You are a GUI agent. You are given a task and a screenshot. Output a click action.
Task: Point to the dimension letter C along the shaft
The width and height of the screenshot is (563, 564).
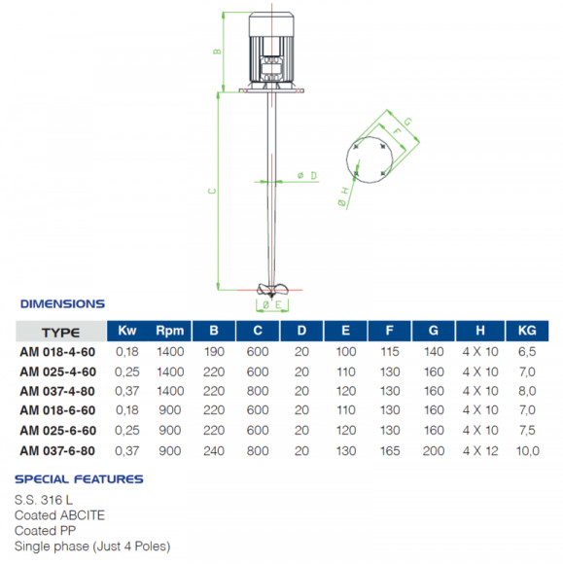pyautogui.click(x=211, y=192)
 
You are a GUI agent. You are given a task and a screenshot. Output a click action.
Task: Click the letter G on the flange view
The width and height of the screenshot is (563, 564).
pyautogui.click(x=407, y=122)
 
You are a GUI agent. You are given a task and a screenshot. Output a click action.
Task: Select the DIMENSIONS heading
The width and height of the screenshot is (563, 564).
pyautogui.click(x=62, y=303)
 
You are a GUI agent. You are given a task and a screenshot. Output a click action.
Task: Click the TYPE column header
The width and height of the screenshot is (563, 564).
pyautogui.click(x=60, y=331)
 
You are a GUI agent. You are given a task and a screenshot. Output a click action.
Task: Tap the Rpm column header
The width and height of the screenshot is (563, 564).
pyautogui.click(x=169, y=331)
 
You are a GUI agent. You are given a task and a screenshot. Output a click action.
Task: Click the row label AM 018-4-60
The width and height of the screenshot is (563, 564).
pyautogui.click(x=57, y=352)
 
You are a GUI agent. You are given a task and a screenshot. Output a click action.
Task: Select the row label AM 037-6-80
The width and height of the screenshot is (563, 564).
pyautogui.click(x=57, y=450)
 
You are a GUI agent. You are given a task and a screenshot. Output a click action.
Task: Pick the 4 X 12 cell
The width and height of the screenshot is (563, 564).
pyautogui.click(x=475, y=450)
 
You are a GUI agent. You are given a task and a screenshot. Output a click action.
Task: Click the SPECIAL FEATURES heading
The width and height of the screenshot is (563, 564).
pyautogui.click(x=80, y=478)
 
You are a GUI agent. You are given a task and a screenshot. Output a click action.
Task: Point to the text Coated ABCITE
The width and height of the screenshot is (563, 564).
pyautogui.click(x=59, y=514)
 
